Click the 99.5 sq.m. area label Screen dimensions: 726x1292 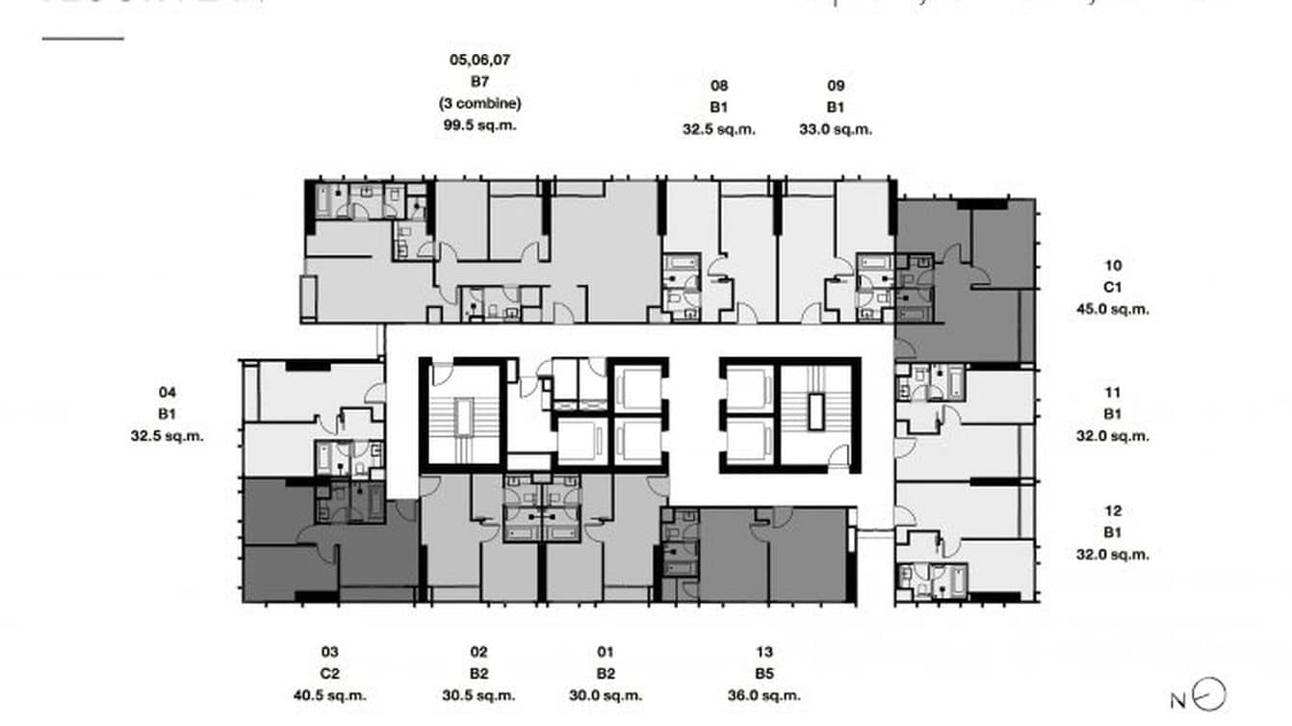pyautogui.click(x=479, y=125)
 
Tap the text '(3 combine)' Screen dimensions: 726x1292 pyautogui.click(x=479, y=103)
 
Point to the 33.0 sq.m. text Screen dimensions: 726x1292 pyautogui.click(x=836, y=129)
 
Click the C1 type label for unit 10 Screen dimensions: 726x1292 pyautogui.click(x=1113, y=287)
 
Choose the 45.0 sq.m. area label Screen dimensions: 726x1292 pyautogui.click(x=1113, y=309)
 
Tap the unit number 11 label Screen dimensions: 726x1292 pyautogui.click(x=1113, y=392)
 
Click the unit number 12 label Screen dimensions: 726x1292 pyautogui.click(x=1113, y=511)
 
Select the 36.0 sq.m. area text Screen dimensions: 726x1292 pyautogui.click(x=764, y=695)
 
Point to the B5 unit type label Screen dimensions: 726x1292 pyautogui.click(x=764, y=673)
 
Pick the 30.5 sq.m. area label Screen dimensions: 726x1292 pyautogui.click(x=479, y=695)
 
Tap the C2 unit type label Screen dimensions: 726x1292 pyautogui.click(x=330, y=673)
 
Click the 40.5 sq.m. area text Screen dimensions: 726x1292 pyautogui.click(x=330, y=695)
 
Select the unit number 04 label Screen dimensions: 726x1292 pyautogui.click(x=168, y=392)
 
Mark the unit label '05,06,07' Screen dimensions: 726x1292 pyautogui.click(x=479, y=60)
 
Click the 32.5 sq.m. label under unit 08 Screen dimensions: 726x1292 pyautogui.click(x=719, y=129)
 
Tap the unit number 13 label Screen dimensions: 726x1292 pyautogui.click(x=764, y=652)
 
